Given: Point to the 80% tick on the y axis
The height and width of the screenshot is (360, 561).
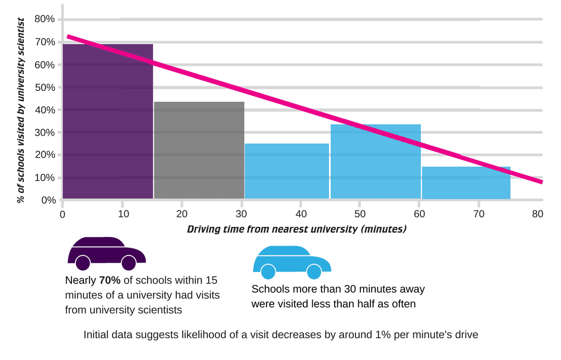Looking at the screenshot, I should pos(45,19).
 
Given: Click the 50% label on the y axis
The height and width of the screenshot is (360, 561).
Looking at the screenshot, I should pos(45,87).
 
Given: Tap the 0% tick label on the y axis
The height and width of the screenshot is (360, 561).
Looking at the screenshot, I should pos(48,200).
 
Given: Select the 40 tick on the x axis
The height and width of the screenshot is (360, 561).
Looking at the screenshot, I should pos(300,213).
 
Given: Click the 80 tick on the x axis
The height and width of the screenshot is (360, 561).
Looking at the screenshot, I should pos(537,213).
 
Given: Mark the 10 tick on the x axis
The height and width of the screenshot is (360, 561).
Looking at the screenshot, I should pos(122,213).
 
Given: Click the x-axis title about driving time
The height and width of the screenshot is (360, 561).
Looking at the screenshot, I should pos(296,229).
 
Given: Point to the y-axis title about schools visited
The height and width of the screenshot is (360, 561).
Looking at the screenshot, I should pos(21,110).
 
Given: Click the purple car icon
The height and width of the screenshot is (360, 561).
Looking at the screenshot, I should pos(106,253).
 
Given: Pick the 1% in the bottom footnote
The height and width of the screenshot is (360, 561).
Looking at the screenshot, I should pos(365,334).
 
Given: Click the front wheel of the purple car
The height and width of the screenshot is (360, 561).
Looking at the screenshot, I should pos(129,263).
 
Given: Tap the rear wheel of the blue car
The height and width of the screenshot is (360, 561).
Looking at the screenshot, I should pos(268,272).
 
